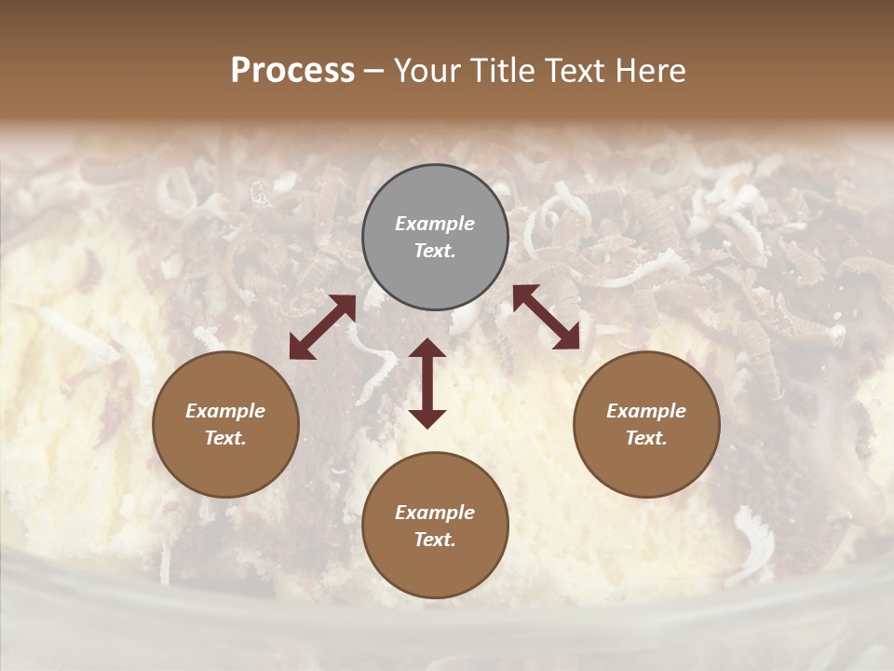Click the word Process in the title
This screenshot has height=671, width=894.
coord(292,71)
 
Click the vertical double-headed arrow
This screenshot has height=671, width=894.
coord(427,383)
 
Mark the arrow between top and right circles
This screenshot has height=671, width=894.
coord(546,318)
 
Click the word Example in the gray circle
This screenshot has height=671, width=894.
coord(435,224)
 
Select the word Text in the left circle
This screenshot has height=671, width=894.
coord(225,438)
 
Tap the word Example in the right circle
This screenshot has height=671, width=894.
coord(646,411)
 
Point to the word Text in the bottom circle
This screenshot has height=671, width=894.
coord(435,540)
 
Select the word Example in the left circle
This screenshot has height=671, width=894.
coord(225,411)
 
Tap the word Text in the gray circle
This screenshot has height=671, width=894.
coord(435,251)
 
